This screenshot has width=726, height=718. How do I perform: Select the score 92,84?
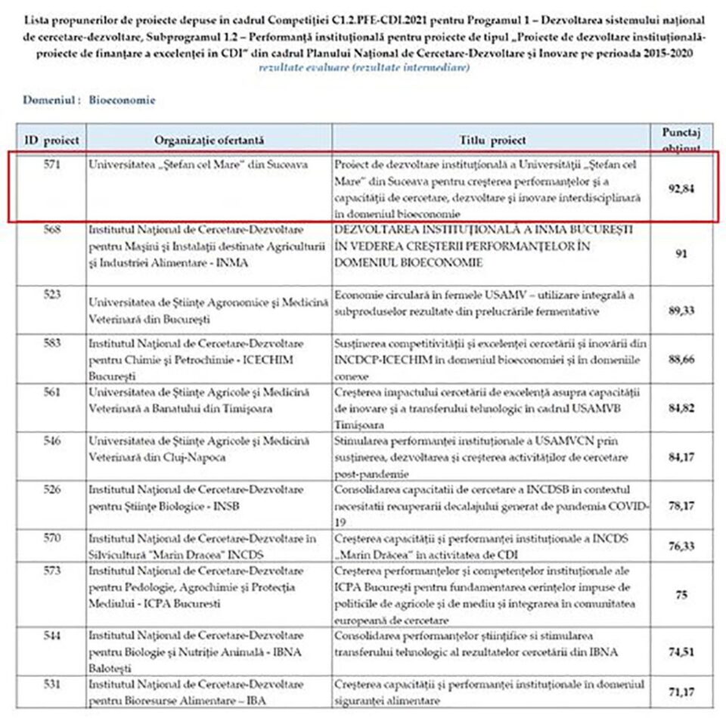[x=681, y=189]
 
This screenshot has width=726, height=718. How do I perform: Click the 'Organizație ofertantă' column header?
[x=209, y=140]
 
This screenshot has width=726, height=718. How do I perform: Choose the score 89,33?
[x=681, y=310]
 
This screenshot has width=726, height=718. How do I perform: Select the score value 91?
[x=681, y=255]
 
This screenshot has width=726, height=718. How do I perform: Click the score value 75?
[x=681, y=596]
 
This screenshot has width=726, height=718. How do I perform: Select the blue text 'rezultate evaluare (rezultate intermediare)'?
[x=363, y=68]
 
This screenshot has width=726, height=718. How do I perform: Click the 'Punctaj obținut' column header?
[x=681, y=140]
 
